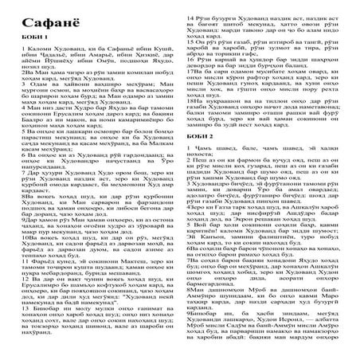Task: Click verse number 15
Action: point(187,37)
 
